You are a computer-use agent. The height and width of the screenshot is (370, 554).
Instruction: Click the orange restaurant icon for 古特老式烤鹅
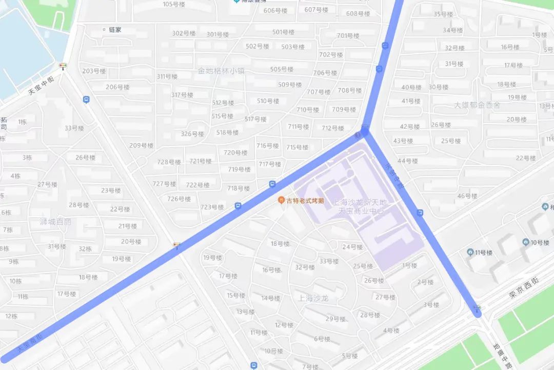pyautogui.click(x=281, y=200)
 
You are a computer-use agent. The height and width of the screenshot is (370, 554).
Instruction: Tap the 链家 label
pyautogui.click(x=115, y=30)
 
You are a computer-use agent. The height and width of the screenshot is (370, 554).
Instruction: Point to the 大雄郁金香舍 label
pyautogui.click(x=477, y=105)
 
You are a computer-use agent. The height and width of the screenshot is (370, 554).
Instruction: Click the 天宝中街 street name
pyautogui.click(x=41, y=85)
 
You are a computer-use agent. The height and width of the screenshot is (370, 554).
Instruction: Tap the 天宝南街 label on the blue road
pyautogui.click(x=30, y=341)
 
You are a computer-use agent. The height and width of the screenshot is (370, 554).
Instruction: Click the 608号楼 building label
pyautogui.click(x=358, y=13)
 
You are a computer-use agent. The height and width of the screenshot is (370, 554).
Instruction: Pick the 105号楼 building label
pyautogui.click(x=174, y=4)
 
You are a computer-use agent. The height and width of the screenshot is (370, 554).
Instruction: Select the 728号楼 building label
pyautogui.click(x=169, y=162)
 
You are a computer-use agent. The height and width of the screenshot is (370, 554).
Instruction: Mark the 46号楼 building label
pyautogui.click(x=467, y=196)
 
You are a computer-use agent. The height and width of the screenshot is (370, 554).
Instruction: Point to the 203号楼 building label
pyautogui.click(x=94, y=71)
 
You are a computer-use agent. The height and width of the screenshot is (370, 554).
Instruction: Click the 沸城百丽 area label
pyautogui.click(x=55, y=222)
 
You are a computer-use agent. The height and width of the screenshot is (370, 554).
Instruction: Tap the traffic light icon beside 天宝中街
pyautogui.click(x=63, y=66)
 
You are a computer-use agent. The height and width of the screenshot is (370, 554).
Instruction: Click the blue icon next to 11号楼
pyautogui.click(x=470, y=252)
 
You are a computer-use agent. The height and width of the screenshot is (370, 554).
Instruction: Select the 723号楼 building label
pyautogui.click(x=212, y=207)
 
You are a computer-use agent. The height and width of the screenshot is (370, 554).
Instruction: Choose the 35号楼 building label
pyautogui.click(x=444, y=14)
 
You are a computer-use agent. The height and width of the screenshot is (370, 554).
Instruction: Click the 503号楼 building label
pyautogui.click(x=293, y=47)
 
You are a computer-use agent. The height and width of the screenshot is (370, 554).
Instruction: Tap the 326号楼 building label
pyautogui.click(x=192, y=134)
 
